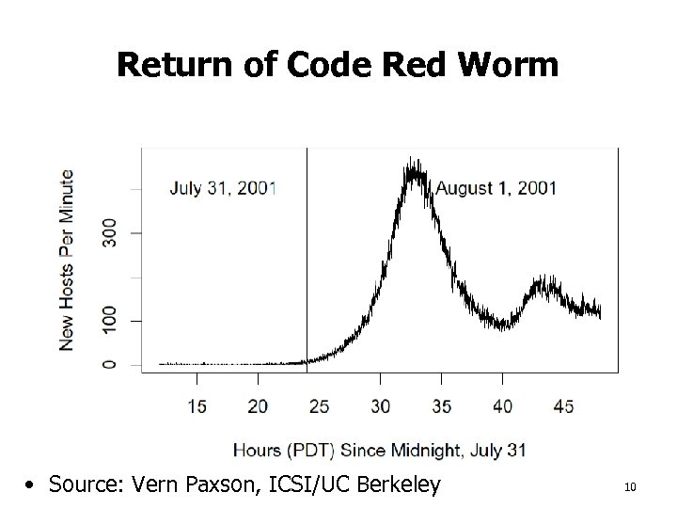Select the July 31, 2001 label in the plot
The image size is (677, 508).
[223, 187]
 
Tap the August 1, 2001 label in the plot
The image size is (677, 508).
[496, 187]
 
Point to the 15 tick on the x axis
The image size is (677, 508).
[197, 406]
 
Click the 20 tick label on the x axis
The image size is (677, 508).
[258, 406]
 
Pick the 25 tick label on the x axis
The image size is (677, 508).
[319, 406]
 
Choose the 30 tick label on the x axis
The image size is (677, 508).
[380, 406]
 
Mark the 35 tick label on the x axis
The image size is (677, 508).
[441, 406]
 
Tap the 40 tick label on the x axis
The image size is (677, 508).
[502, 406]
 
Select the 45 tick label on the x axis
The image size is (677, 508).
[563, 406]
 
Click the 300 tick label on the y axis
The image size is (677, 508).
[110, 232]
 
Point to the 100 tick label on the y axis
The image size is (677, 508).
[110, 321]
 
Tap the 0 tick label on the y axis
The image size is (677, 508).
[110, 364]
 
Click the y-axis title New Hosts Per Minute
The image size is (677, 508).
[67, 260]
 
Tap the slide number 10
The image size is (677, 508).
[630, 487]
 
